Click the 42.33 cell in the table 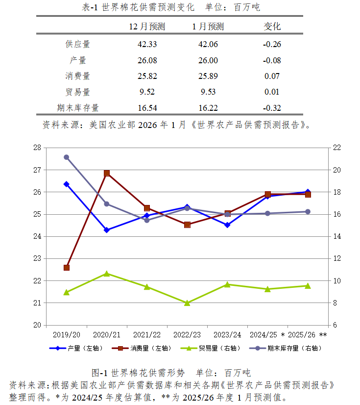[x=147, y=44]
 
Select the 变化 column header [x=272, y=26]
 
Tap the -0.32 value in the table [x=272, y=108]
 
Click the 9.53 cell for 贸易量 [x=208, y=92]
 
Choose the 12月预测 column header [x=147, y=26]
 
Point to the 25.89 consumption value [x=208, y=76]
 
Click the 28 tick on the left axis [x=37, y=148]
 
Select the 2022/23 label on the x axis [x=187, y=334]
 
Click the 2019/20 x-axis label [x=67, y=334]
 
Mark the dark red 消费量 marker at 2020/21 [x=107, y=173]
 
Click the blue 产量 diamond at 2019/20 [x=67, y=184]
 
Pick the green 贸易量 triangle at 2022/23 [x=187, y=303]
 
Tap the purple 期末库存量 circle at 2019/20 [x=67, y=157]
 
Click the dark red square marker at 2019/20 [x=67, y=268]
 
